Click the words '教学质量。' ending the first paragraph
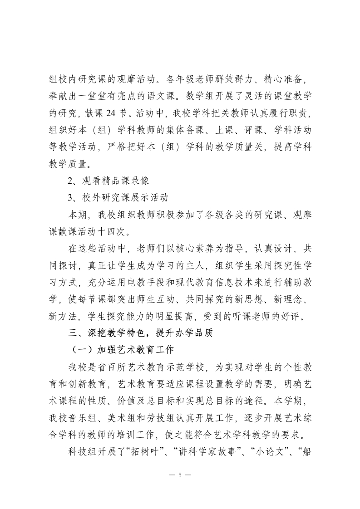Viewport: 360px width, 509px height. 66,161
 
